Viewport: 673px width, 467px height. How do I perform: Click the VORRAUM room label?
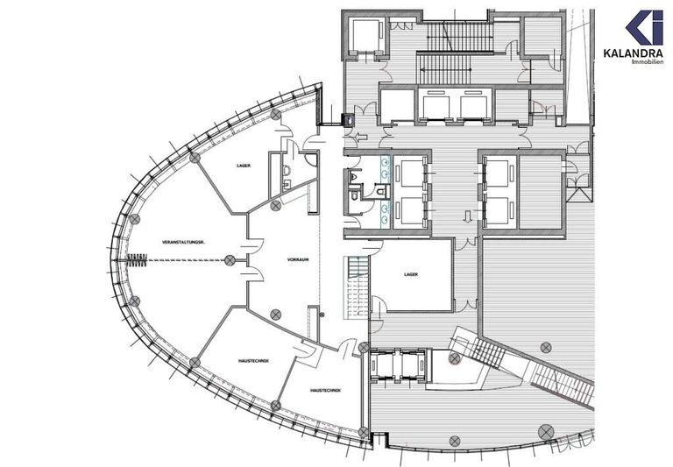click(294, 260)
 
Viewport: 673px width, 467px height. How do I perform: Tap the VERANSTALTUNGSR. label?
click(184, 241)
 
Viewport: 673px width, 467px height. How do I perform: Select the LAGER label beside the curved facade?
click(244, 165)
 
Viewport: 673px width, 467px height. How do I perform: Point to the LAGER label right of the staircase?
click(411, 274)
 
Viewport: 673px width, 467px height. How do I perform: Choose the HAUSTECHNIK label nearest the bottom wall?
click(324, 390)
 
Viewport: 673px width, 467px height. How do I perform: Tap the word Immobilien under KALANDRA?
click(647, 61)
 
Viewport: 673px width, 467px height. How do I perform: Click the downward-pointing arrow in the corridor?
click(468, 216)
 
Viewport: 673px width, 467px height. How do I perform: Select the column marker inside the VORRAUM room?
click(276, 314)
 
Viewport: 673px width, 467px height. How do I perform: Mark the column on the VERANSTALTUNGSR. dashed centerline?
click(230, 259)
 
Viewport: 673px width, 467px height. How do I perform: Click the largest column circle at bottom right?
click(547, 430)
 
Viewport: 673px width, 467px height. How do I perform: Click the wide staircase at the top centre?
click(460, 37)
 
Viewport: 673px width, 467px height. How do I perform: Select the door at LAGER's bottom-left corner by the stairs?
click(378, 304)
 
